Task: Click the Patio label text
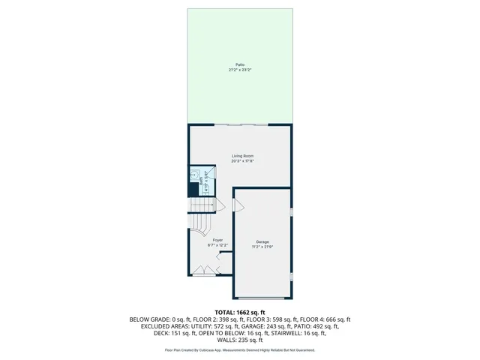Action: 239,64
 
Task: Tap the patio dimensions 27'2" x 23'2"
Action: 239,70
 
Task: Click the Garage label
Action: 262,241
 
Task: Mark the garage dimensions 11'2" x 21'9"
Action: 262,247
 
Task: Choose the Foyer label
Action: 217,240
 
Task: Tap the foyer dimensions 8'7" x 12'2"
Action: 217,245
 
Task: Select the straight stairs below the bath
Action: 201,205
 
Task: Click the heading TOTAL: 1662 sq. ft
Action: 240,312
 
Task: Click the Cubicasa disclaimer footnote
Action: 240,350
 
